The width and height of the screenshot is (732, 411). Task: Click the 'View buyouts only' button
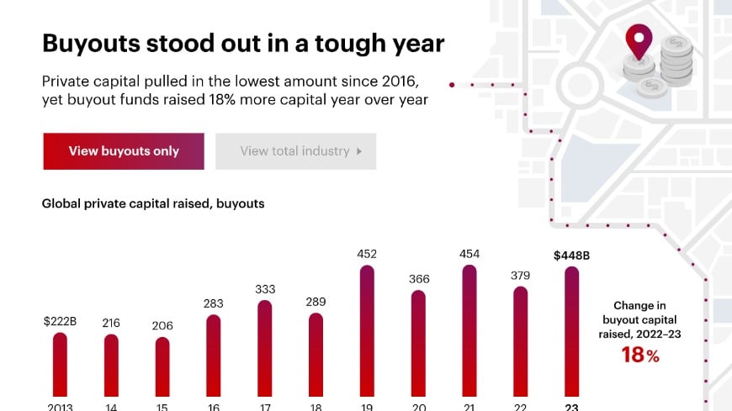124,151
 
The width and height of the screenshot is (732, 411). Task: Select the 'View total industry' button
295,151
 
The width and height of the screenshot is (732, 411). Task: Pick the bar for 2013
59,366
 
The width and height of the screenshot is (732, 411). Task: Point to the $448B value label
571,255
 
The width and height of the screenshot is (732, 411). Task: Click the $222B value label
59,321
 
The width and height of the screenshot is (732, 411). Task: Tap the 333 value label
265,289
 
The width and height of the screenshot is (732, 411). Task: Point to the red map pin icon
640,41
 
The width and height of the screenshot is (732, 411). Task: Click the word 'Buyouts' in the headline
91,44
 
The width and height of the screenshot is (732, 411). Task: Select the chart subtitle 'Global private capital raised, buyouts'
153,203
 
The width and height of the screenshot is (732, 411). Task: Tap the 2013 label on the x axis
59,406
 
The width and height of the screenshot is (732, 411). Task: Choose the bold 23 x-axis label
571,406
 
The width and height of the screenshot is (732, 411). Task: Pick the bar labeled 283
214,357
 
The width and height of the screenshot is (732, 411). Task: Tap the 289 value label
316,302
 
